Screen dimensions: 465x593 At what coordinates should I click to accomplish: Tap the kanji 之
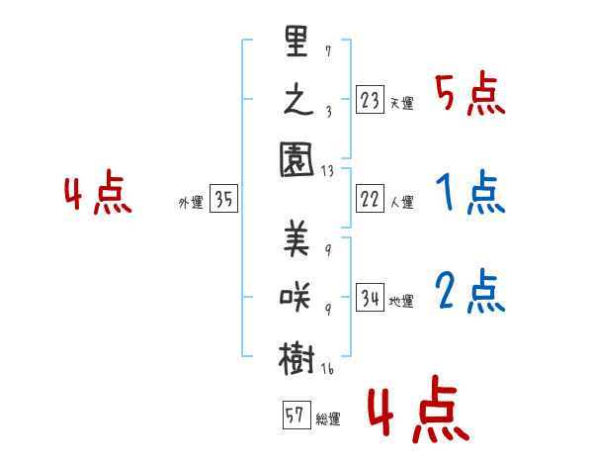click(x=297, y=103)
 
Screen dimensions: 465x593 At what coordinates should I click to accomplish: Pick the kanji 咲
click(x=297, y=297)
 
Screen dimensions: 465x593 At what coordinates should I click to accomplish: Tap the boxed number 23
click(x=369, y=100)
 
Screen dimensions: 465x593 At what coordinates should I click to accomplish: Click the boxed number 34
click(x=369, y=298)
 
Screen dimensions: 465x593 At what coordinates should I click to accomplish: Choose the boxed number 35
click(x=223, y=200)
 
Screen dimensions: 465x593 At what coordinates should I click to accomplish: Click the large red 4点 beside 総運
click(x=416, y=414)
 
